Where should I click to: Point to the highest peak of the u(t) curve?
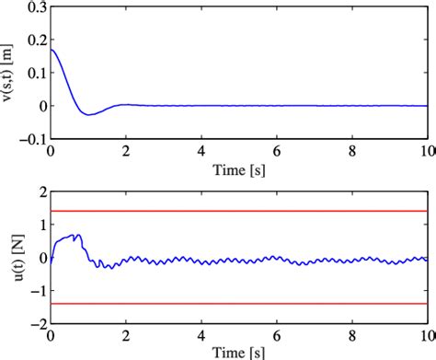click(x=77, y=235)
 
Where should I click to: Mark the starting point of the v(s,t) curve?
click(x=52, y=49)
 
